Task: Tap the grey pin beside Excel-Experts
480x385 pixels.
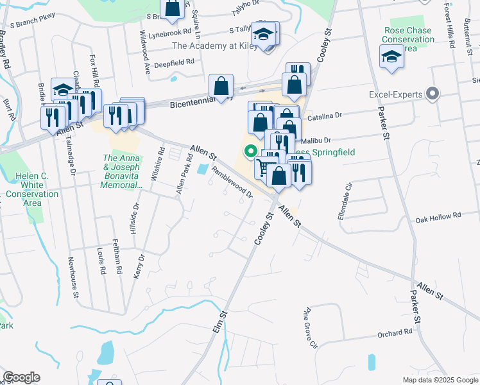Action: click(433, 95)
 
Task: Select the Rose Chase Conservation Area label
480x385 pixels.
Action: click(408, 39)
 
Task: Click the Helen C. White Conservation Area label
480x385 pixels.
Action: click(24, 189)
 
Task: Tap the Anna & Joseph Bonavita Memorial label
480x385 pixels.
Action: click(122, 171)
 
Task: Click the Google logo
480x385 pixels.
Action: click(21, 377)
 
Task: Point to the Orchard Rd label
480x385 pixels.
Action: click(395, 333)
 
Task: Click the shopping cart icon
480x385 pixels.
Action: click(262, 167)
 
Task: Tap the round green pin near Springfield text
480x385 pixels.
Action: click(250, 151)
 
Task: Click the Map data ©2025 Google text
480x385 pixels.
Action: click(440, 380)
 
